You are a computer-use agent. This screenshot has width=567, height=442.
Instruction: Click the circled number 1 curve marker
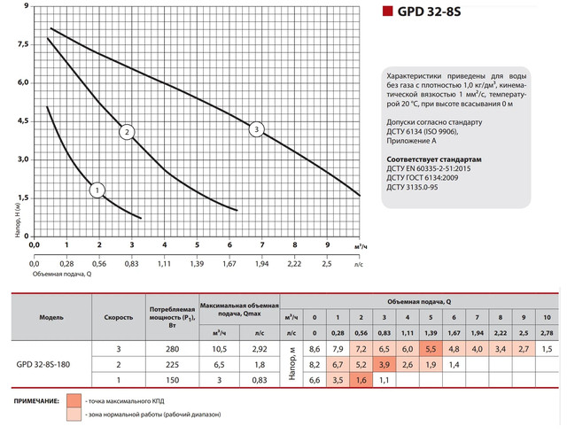97,189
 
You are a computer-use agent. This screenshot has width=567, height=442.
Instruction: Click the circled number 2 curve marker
128,132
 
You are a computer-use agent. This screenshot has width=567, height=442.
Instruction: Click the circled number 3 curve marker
257,130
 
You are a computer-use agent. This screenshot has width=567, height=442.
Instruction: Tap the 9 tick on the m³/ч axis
328,245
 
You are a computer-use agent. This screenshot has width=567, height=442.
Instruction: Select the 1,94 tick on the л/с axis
261,264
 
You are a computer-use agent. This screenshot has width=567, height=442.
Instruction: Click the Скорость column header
119,316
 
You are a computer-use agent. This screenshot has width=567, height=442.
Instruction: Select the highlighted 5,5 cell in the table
430,350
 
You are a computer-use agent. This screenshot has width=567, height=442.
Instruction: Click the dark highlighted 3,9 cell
383,364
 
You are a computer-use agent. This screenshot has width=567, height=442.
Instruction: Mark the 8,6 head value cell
313,350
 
